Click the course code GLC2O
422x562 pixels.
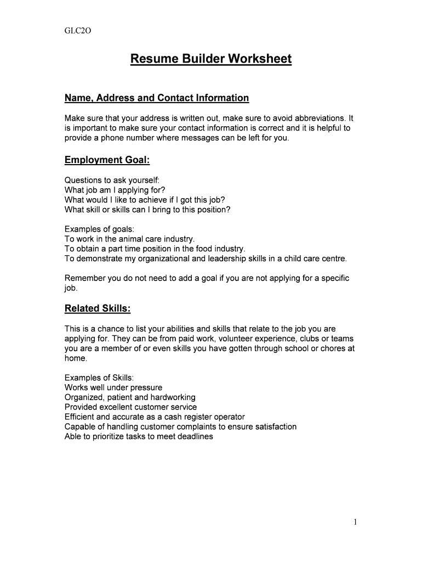point(76,31)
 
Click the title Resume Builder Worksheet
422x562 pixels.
point(211,59)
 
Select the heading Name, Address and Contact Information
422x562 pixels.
point(157,98)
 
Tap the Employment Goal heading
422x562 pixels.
point(107,160)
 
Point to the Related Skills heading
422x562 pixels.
point(98,309)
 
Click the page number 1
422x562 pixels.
point(355,522)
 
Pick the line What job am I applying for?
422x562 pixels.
point(115,190)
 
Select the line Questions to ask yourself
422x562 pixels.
point(112,180)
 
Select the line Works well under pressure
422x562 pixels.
point(113,387)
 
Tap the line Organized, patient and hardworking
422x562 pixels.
point(130,397)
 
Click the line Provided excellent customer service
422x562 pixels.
point(130,407)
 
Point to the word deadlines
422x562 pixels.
point(193,437)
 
